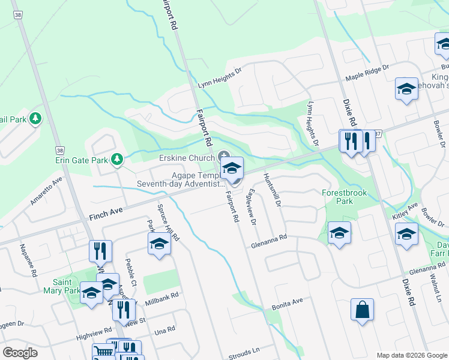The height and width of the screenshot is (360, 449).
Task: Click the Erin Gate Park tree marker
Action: click(x=117, y=159)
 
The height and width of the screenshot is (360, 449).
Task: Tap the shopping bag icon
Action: click(x=363, y=310)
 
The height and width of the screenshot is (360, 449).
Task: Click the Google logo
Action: click(x=20, y=353)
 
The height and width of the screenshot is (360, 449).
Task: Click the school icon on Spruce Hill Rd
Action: click(x=159, y=244)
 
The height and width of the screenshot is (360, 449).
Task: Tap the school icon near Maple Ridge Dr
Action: click(x=406, y=89)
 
